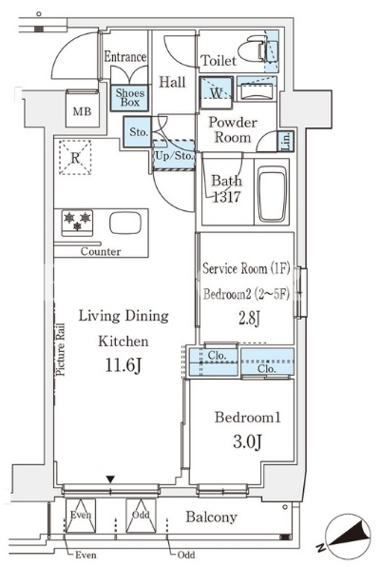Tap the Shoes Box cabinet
130,98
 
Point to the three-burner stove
77,223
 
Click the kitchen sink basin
125,224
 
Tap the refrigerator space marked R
75,157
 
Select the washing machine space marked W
216,92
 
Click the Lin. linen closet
285,141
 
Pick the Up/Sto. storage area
174,155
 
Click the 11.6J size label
123,365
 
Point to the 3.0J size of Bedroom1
247,441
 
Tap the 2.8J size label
249,318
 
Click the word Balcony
211,518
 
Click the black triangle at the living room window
110,479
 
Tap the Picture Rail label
60,349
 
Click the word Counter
101,251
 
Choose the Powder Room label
233,129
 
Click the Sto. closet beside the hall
138,131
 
